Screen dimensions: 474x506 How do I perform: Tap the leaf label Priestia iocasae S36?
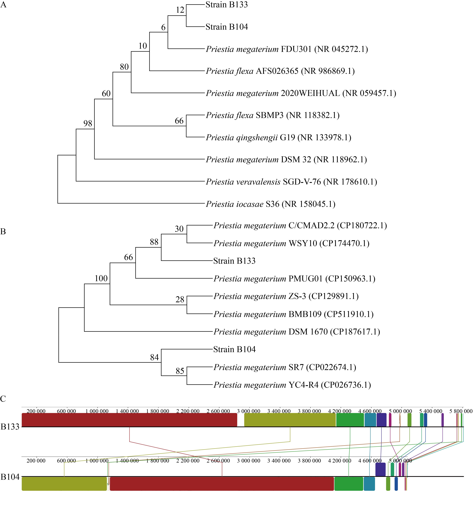coord(271,204)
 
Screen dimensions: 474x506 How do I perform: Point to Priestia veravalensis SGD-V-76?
coord(291,182)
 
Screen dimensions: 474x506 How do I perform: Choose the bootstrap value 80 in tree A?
coord(124,67)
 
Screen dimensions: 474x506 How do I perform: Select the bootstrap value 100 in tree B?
coord(101,278)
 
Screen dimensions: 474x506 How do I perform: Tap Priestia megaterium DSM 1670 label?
coord(297,332)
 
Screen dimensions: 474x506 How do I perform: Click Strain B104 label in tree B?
coord(234,349)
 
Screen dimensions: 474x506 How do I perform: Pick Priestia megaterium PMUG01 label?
coord(294,279)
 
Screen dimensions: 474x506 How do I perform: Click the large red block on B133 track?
coord(129,420)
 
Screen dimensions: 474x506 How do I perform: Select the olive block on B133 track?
coord(290,420)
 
